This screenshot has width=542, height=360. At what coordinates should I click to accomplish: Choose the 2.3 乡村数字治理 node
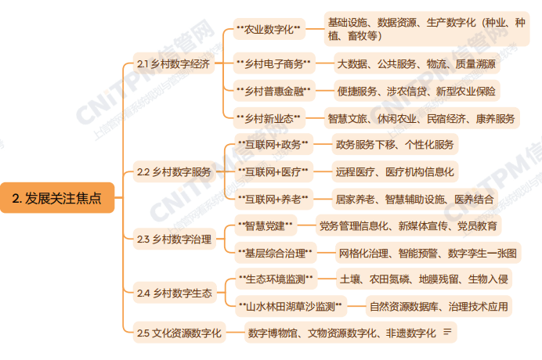pos(174,239)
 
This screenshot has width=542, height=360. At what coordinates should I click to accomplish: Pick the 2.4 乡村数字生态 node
pos(174,293)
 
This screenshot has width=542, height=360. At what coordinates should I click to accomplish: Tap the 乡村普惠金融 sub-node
pos(273,91)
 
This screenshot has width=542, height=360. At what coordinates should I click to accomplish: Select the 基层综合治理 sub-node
pos(275,253)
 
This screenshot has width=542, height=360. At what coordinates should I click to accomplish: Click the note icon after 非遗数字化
pos(447,333)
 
